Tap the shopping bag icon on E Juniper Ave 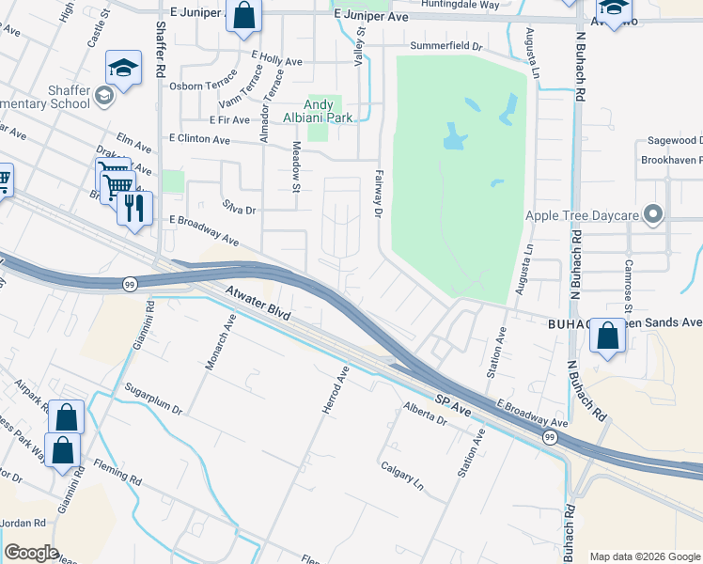coord(243,17)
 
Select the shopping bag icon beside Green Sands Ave coord(608,337)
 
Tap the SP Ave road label coord(453,405)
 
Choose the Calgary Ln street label coord(402,472)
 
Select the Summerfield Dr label coord(445,46)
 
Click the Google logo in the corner coord(31,553)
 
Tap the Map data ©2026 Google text coord(645,556)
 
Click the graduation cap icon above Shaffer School coord(122,69)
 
